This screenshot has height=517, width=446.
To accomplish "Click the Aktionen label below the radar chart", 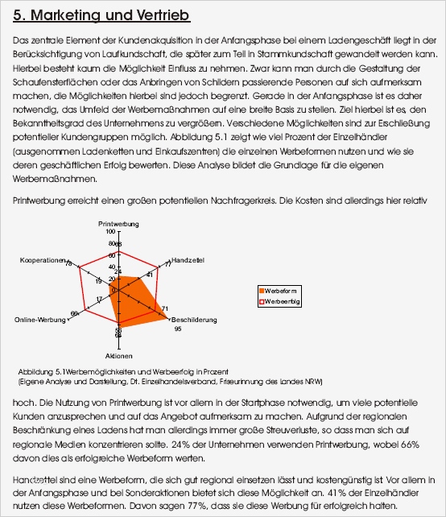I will [x=118, y=355].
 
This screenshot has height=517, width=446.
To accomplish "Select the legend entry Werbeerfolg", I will [x=285, y=301].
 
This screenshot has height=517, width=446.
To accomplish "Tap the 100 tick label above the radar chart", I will [x=110, y=231].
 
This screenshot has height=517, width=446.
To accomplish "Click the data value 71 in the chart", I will [x=164, y=309].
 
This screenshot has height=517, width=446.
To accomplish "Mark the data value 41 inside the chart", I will [x=149, y=275].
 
